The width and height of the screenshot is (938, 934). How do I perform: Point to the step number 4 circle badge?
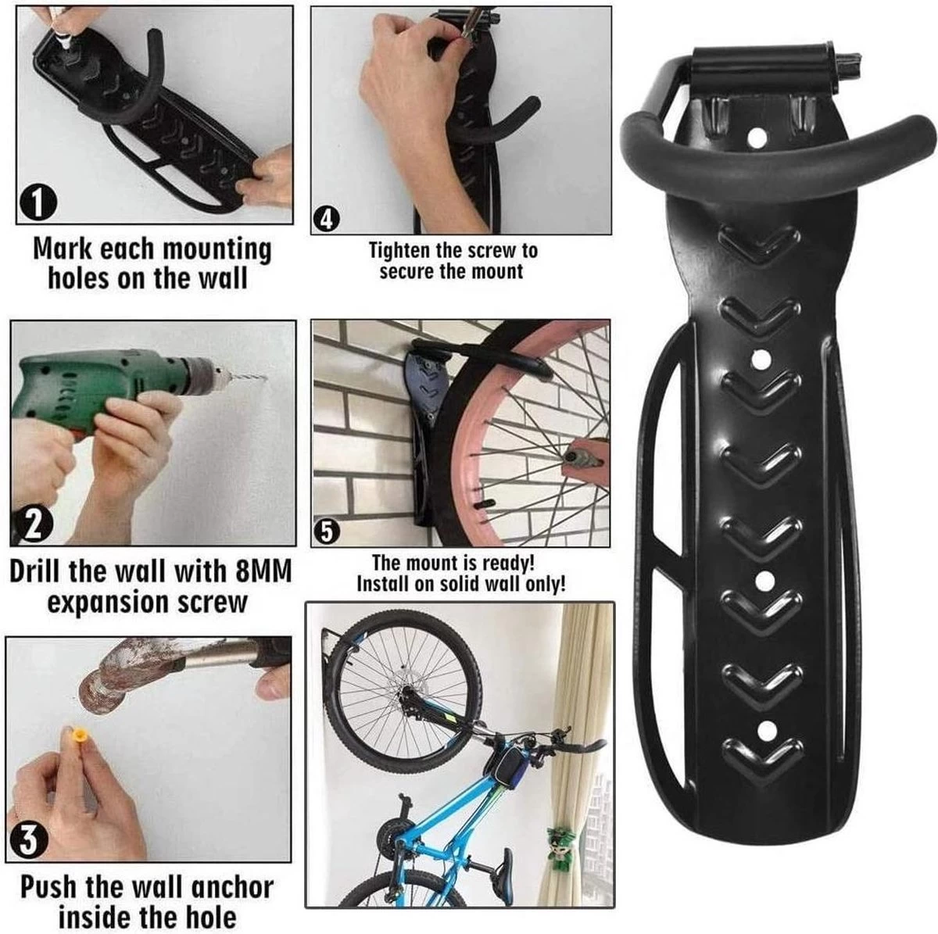[325, 220]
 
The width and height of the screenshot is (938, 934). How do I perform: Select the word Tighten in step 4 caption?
[400, 251]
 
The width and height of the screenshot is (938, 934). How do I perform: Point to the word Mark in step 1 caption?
[65, 249]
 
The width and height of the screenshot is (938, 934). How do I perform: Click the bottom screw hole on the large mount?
[765, 729]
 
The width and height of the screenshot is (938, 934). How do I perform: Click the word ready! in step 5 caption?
[506, 563]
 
